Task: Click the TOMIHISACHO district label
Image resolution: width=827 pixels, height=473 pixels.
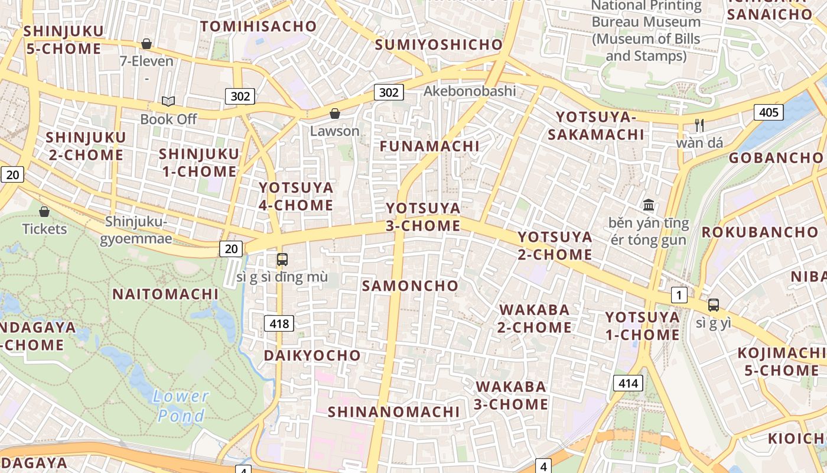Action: click(x=259, y=27)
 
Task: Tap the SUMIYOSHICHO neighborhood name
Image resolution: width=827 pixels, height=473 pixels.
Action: click(x=438, y=44)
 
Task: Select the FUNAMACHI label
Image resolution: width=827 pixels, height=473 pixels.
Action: click(x=429, y=146)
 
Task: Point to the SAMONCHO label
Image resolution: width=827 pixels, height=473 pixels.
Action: click(x=410, y=286)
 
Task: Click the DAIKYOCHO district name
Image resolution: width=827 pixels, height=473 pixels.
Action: click(x=312, y=355)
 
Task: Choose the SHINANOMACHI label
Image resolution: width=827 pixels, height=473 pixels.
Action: click(x=393, y=412)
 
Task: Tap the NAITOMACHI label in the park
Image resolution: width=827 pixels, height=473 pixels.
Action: click(x=165, y=294)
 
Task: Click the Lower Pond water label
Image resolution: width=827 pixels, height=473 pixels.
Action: click(x=181, y=406)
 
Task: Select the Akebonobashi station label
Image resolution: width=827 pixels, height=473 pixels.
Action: click(x=470, y=91)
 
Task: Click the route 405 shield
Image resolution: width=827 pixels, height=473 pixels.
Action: click(x=768, y=112)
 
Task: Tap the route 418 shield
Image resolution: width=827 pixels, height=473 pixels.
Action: click(x=279, y=323)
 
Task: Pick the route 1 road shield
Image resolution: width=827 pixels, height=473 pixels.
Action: click(x=679, y=295)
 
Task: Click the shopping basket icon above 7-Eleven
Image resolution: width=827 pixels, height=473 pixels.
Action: click(x=146, y=44)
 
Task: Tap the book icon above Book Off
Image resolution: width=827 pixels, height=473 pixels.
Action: click(x=168, y=101)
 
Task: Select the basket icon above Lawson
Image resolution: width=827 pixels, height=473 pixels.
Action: click(x=335, y=114)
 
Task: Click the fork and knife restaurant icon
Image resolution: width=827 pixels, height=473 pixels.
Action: click(x=699, y=125)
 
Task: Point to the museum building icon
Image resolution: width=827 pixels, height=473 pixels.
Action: click(x=649, y=205)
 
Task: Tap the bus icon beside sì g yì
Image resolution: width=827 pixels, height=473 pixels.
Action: click(x=714, y=305)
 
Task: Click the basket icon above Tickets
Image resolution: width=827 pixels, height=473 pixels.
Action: click(x=44, y=211)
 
